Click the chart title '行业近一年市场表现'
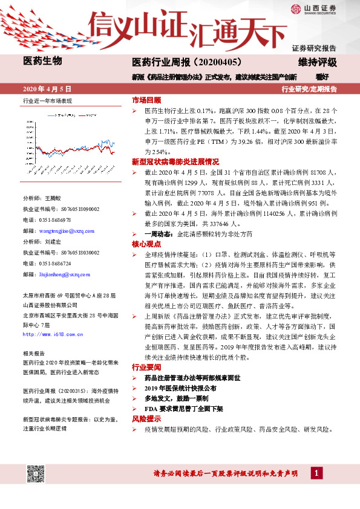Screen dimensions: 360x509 (x=47, y=101)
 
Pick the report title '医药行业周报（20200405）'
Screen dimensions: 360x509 (x=187, y=63)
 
